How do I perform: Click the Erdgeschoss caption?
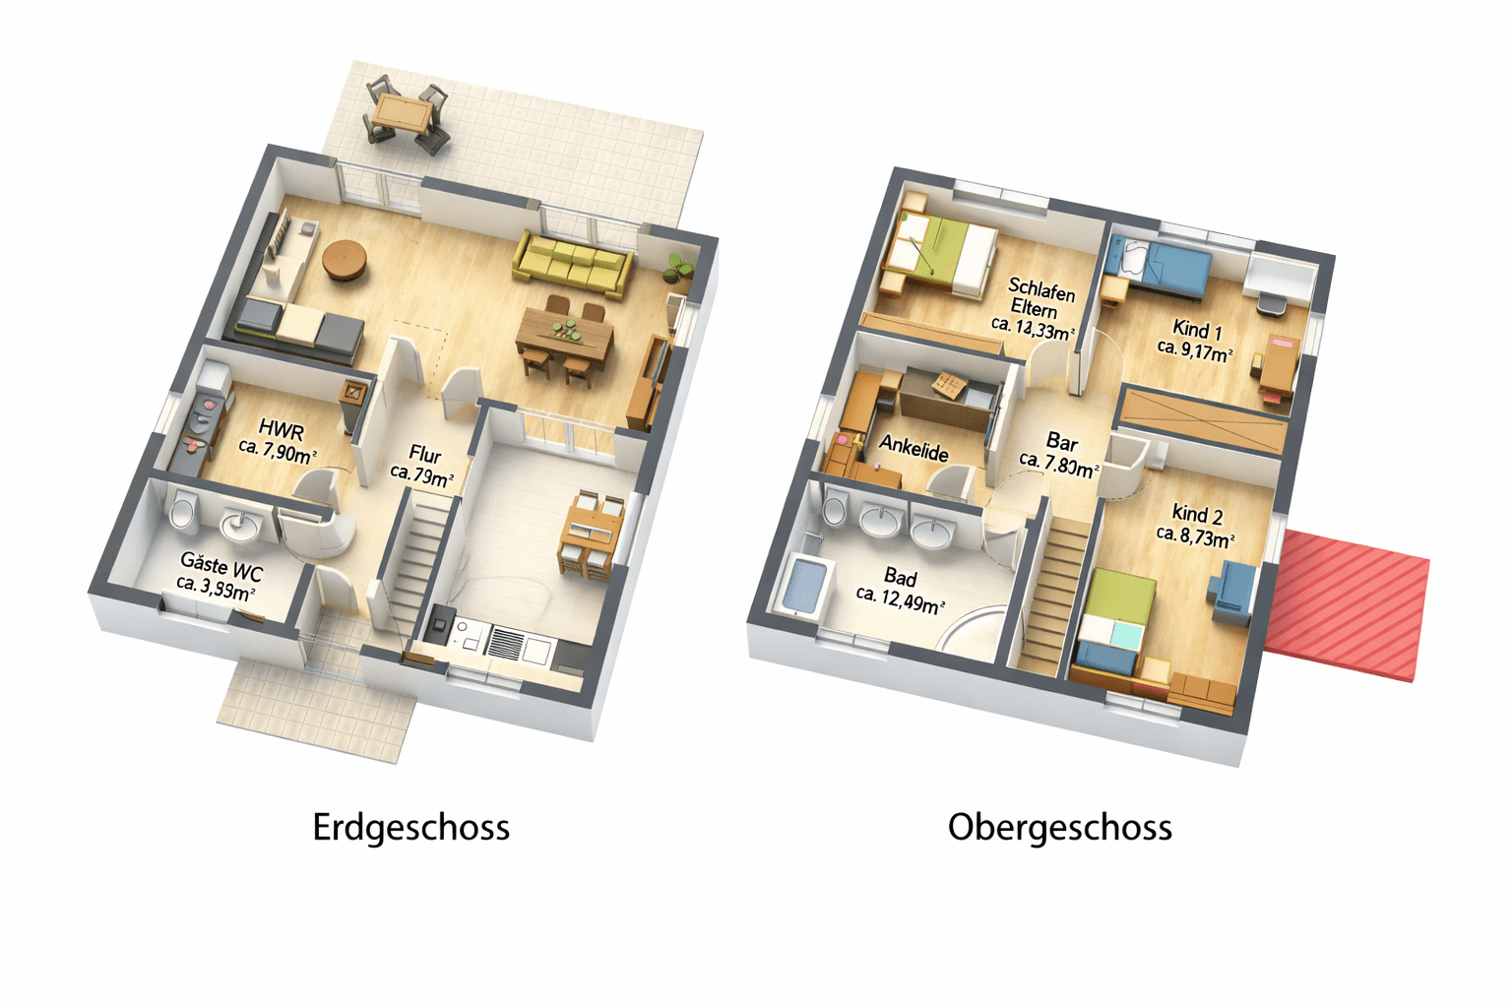coord(410,827)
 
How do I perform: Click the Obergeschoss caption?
coord(1059,827)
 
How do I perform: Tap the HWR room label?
coord(281,430)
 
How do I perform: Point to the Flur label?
coord(424,455)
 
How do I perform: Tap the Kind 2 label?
coord(1197,514)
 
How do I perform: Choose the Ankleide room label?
coord(913,449)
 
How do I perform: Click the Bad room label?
coord(900,578)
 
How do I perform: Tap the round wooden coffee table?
coord(345,259)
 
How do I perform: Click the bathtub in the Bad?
coord(804,588)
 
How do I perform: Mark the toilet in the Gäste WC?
coord(182,513)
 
